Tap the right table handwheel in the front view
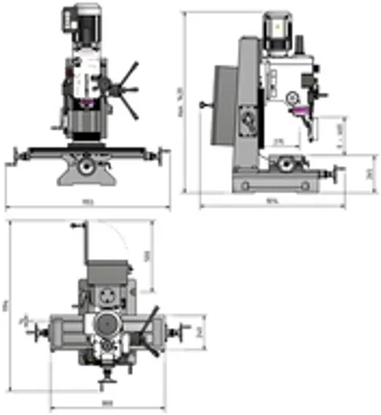click(x=161, y=154)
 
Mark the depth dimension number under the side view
click(x=272, y=202)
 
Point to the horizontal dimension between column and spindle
click(x=278, y=141)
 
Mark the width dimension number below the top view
click(x=106, y=402)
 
